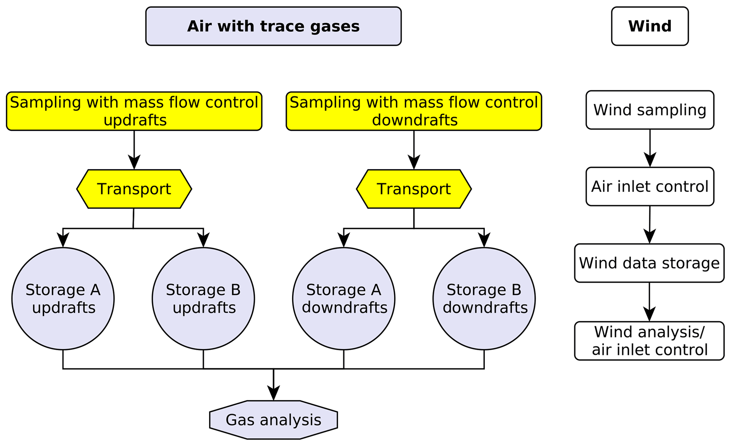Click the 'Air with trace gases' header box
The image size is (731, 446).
click(x=273, y=26)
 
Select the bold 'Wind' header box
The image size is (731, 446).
click(x=650, y=26)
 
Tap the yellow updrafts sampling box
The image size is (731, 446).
click(x=134, y=111)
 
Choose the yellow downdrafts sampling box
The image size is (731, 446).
click(x=414, y=111)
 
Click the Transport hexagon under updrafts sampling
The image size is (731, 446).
click(x=134, y=189)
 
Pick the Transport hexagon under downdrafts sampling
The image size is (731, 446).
click(x=414, y=189)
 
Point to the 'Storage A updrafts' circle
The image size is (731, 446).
click(x=63, y=299)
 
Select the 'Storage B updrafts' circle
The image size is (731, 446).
click(x=203, y=299)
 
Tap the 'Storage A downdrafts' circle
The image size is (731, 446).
click(x=344, y=299)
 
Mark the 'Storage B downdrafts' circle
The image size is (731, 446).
click(x=484, y=299)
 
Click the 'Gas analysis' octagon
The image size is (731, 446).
click(x=273, y=420)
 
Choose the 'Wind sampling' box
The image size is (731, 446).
click(x=650, y=110)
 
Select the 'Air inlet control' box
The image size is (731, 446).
click(x=650, y=187)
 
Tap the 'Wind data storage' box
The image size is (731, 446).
click(x=649, y=263)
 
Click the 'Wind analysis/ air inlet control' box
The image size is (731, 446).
click(x=649, y=341)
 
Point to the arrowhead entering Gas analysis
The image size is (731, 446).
click(x=273, y=394)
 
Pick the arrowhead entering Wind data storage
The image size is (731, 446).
click(x=649, y=237)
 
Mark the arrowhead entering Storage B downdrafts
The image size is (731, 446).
click(x=484, y=240)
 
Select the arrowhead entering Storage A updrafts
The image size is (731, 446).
click(x=63, y=240)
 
